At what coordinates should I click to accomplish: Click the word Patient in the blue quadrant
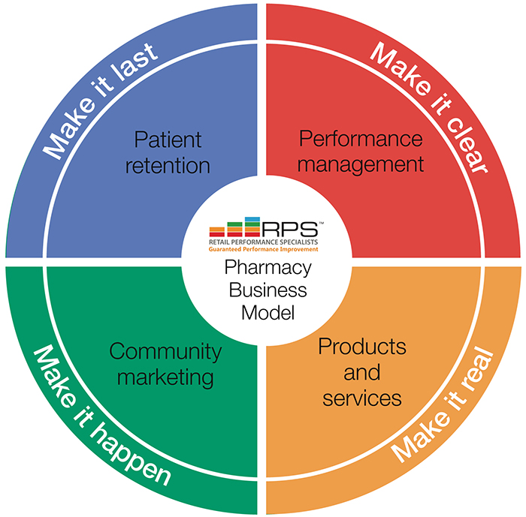pyautogui.click(x=168, y=140)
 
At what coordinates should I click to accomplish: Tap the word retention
pyautogui.click(x=168, y=166)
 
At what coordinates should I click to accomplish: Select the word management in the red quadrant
pyautogui.click(x=361, y=165)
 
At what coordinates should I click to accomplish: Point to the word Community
pyautogui.click(x=165, y=353)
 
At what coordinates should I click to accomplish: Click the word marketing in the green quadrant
pyautogui.click(x=165, y=378)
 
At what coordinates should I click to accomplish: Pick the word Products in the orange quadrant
pyautogui.click(x=362, y=346)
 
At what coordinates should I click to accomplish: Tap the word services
pyautogui.click(x=362, y=398)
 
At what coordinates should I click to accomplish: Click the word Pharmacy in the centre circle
pyautogui.click(x=268, y=268)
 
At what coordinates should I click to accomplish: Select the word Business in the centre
pyautogui.click(x=268, y=290)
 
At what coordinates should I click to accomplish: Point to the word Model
pyautogui.click(x=268, y=313)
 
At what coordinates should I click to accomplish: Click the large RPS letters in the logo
pyautogui.click(x=290, y=229)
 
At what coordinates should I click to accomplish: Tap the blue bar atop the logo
pyautogui.click(x=252, y=219)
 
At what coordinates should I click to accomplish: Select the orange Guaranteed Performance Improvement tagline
pyautogui.click(x=263, y=249)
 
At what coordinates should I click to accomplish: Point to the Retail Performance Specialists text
pyautogui.click(x=263, y=242)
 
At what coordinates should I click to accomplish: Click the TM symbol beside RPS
pyautogui.click(x=321, y=223)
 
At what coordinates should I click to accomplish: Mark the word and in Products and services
pyautogui.click(x=362, y=373)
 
